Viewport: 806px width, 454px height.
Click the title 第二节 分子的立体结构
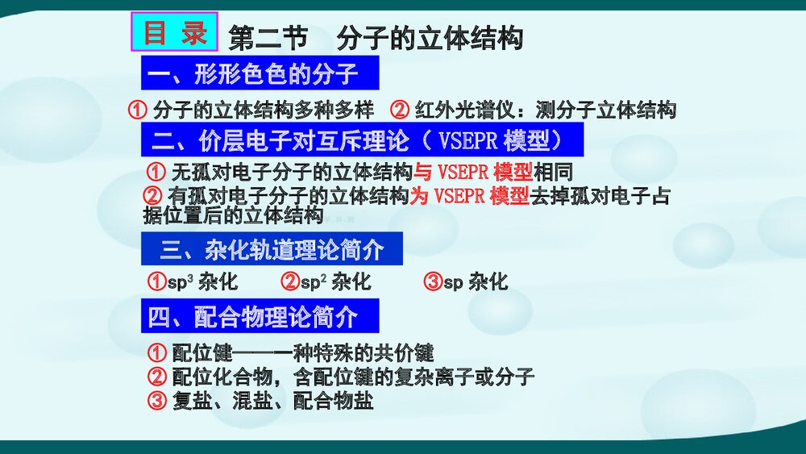pyautogui.click(x=376, y=38)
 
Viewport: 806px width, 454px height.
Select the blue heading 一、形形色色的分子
pyautogui.click(x=260, y=75)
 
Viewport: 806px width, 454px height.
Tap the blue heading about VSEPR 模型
pyautogui.click(x=362, y=140)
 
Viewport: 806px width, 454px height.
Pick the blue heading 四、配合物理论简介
pyautogui.click(x=260, y=317)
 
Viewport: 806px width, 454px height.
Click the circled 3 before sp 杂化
pyautogui.click(x=433, y=281)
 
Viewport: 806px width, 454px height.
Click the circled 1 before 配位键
pyautogui.click(x=157, y=353)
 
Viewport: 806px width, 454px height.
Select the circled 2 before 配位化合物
pyautogui.click(x=157, y=377)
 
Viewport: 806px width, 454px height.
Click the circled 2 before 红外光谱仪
pyautogui.click(x=400, y=110)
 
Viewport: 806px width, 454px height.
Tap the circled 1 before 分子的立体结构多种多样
pyautogui.click(x=139, y=110)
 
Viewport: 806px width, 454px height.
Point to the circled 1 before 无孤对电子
pyautogui.click(x=156, y=172)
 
